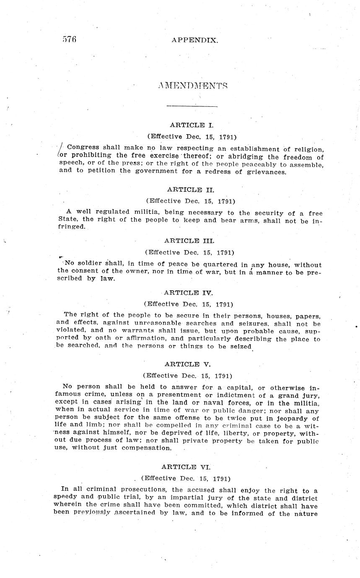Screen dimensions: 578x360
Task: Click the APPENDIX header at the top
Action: click(194, 40)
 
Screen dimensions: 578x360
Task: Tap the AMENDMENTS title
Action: click(193, 85)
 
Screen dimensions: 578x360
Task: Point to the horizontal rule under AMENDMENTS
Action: click(192, 106)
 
